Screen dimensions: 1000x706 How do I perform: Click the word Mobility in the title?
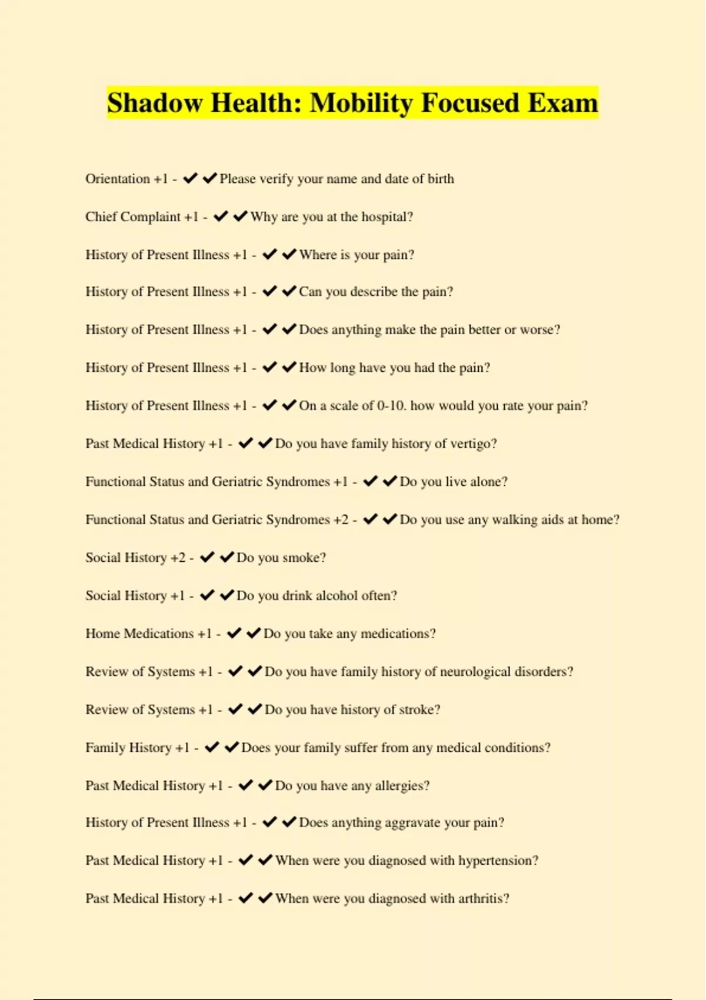[361, 103]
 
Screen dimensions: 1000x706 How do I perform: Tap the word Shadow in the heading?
[154, 103]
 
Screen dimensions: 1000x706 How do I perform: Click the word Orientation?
[118, 179]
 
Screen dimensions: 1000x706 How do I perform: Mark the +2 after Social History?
[178, 558]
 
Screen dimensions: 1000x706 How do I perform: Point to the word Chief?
[101, 217]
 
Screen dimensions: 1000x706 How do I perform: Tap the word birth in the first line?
[441, 179]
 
